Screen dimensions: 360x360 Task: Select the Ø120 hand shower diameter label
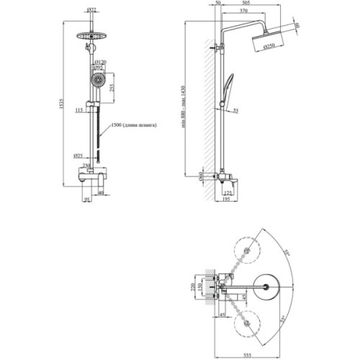pyautogui.click(x=101, y=63)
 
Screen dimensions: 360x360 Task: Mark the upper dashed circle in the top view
pyautogui.click(x=248, y=251)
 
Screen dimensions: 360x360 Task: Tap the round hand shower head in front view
pyautogui.click(x=93, y=79)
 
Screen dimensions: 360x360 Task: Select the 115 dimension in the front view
pyautogui.click(x=77, y=109)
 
